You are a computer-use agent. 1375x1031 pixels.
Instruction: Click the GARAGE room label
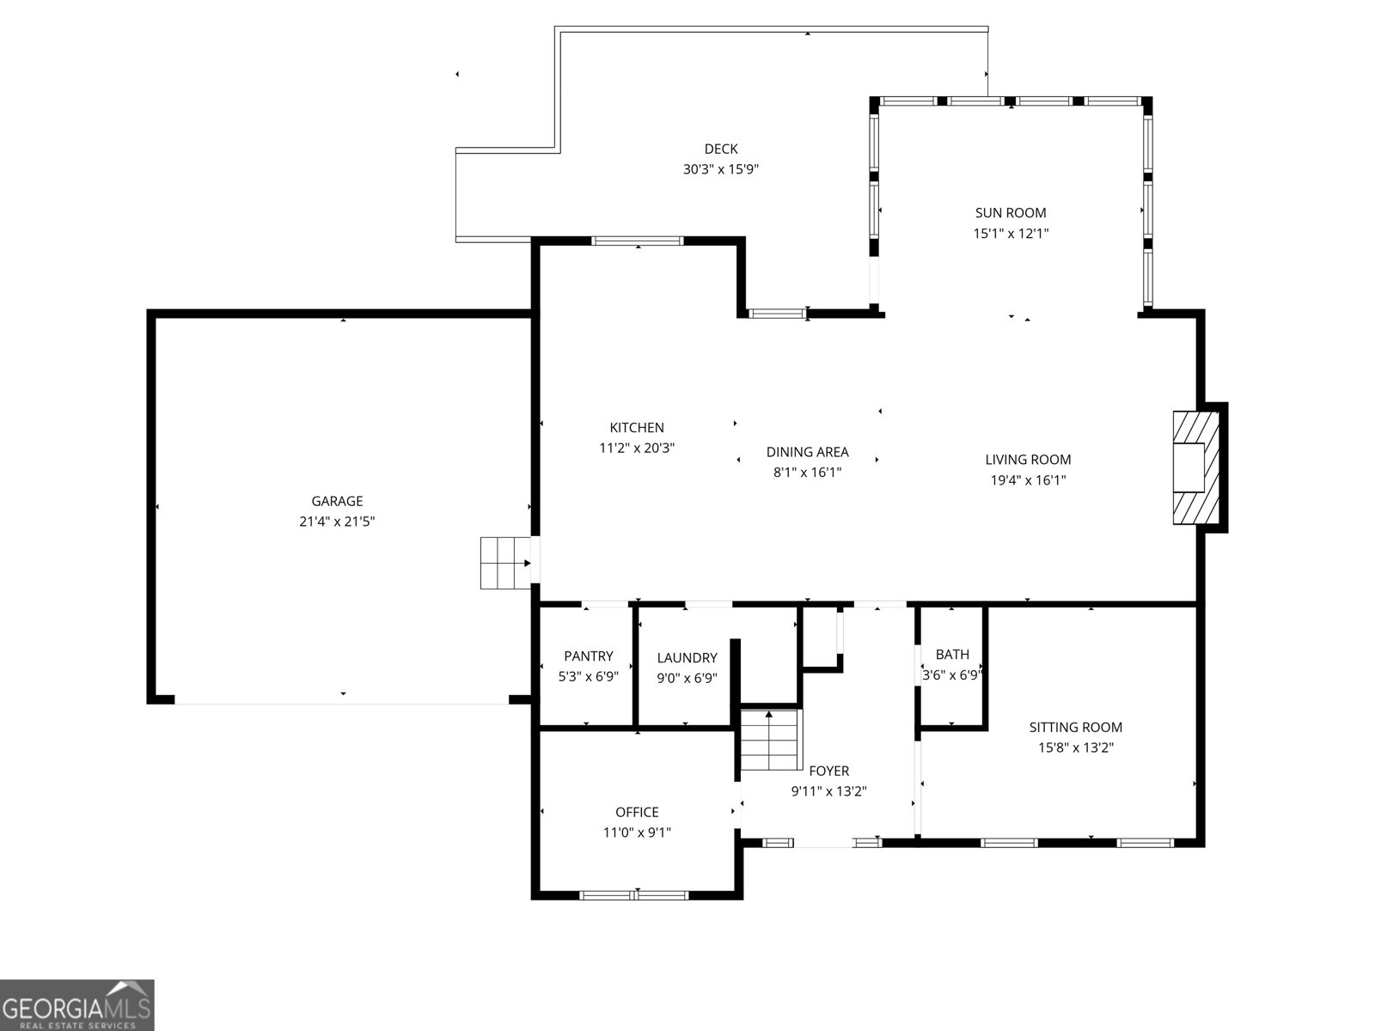click(337, 501)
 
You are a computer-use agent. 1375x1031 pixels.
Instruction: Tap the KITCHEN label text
click(637, 428)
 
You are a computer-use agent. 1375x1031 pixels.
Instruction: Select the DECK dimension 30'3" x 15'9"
click(720, 169)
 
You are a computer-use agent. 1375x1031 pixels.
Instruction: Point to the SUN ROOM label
click(1011, 213)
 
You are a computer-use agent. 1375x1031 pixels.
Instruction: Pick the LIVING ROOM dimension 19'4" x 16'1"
click(1028, 480)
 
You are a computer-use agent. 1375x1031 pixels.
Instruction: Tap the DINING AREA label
click(808, 452)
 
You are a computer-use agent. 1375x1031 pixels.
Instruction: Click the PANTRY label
click(588, 656)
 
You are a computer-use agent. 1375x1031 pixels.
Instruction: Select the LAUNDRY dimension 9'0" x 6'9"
click(687, 678)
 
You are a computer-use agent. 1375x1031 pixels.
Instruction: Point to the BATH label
click(952, 654)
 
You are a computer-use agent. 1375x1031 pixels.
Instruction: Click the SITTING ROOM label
click(1076, 728)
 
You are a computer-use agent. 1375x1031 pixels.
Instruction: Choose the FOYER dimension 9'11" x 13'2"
click(828, 791)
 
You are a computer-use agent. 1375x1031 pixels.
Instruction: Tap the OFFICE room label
click(637, 812)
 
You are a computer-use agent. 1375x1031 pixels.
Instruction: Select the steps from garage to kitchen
click(505, 563)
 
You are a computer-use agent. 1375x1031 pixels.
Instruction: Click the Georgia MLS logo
click(77, 1004)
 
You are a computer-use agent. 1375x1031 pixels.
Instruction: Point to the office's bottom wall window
click(634, 896)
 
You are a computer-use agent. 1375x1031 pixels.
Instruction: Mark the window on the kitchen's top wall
click(638, 241)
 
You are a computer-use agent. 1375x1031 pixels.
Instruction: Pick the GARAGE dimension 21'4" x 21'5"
click(337, 522)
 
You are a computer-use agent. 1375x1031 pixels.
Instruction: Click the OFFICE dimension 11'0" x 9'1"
click(637, 833)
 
